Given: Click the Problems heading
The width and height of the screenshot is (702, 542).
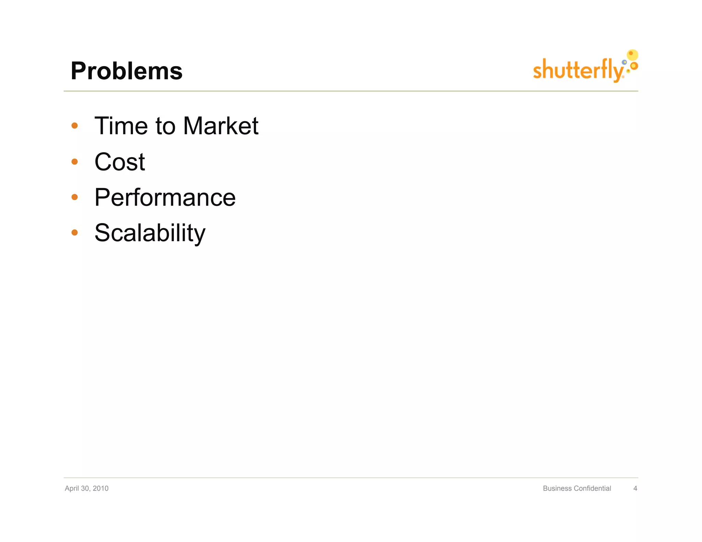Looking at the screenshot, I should pyautogui.click(x=126, y=71).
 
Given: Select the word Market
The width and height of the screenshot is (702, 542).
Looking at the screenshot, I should pyautogui.click(x=220, y=126).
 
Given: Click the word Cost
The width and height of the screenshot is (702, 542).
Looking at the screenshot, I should pyautogui.click(x=120, y=162).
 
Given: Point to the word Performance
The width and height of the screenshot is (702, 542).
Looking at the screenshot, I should pyautogui.click(x=165, y=197).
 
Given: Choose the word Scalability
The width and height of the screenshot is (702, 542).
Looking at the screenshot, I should pyautogui.click(x=150, y=233).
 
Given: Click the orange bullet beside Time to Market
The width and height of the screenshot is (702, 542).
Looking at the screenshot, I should pyautogui.click(x=74, y=126).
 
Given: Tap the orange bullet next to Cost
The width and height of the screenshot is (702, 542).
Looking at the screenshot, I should pyautogui.click(x=74, y=161).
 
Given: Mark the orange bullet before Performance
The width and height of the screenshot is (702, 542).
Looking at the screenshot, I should pyautogui.click(x=74, y=197).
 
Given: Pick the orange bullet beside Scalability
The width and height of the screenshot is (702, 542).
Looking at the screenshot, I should pyautogui.click(x=74, y=233).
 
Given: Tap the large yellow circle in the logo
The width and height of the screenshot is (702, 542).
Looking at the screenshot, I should pyautogui.click(x=632, y=55).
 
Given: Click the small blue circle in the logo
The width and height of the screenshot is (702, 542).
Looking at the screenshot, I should pyautogui.click(x=625, y=62).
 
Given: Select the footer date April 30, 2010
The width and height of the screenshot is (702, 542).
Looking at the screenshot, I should pyautogui.click(x=86, y=488).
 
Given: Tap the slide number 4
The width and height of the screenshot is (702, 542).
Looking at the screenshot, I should pyautogui.click(x=635, y=488).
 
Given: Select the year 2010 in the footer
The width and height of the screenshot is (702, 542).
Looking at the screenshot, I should pyautogui.click(x=100, y=488).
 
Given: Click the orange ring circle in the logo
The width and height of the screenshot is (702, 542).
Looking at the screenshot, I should pyautogui.click(x=634, y=65).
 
